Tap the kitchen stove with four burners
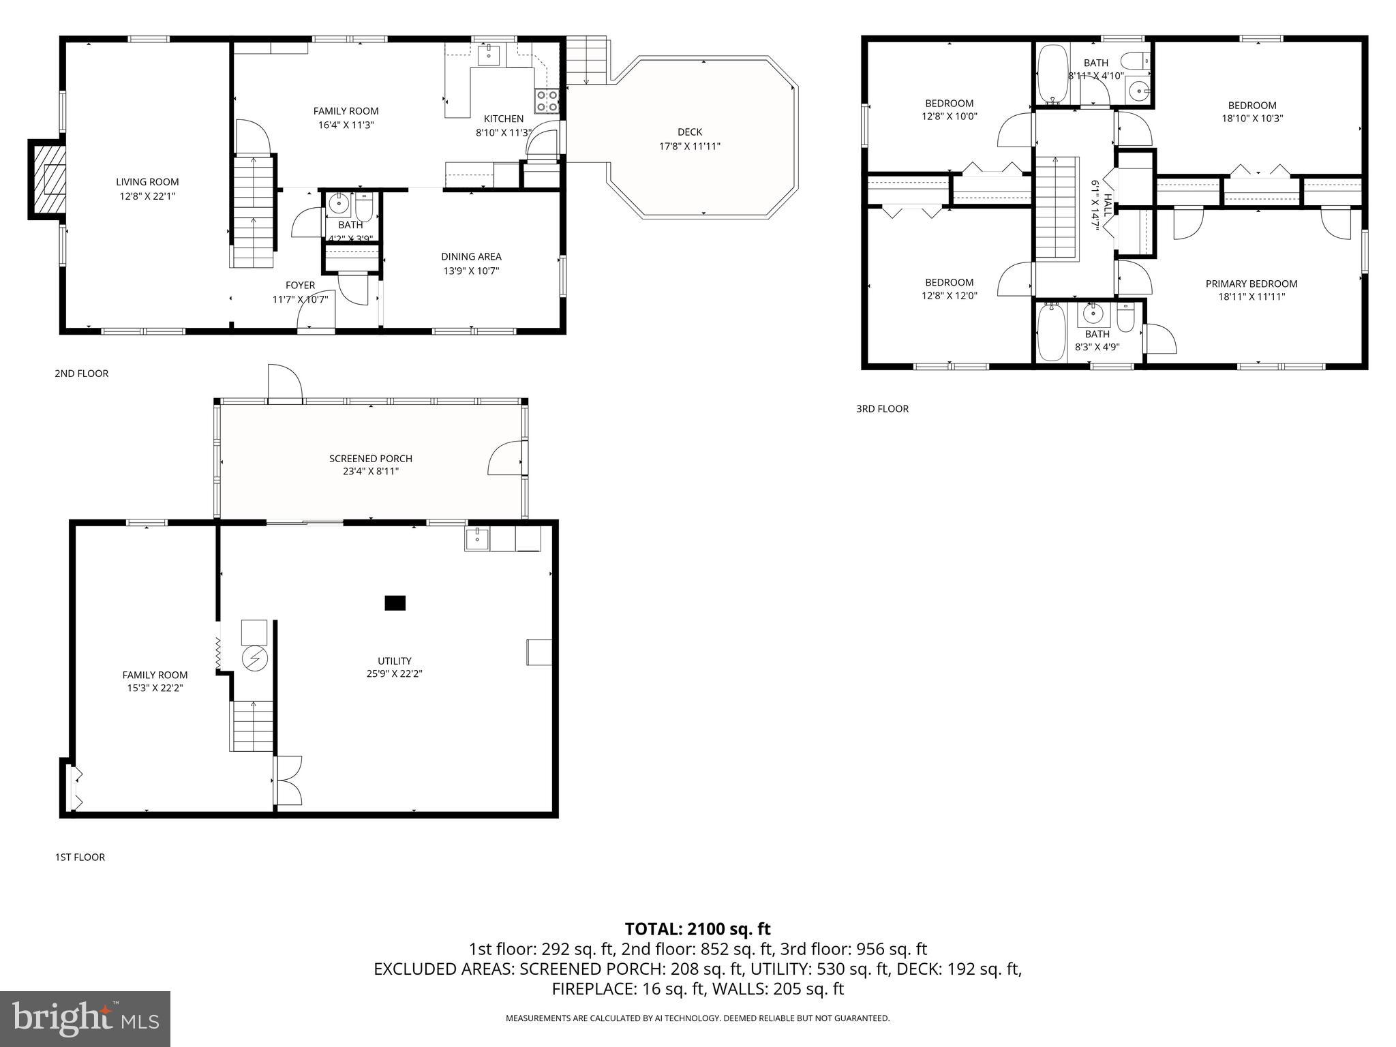(547, 101)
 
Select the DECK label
(689, 132)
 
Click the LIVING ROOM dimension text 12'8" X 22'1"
(147, 196)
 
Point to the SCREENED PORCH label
(370, 459)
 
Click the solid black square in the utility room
(395, 603)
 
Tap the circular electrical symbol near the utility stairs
(255, 658)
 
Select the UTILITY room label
(394, 661)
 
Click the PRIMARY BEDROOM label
(1251, 284)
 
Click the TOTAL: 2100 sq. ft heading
(697, 928)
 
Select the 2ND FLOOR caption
(81, 374)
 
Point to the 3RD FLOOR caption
(882, 409)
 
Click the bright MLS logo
(85, 1018)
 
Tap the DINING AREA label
(471, 257)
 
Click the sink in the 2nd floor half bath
(338, 203)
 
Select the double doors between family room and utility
(287, 780)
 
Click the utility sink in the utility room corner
(477, 538)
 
